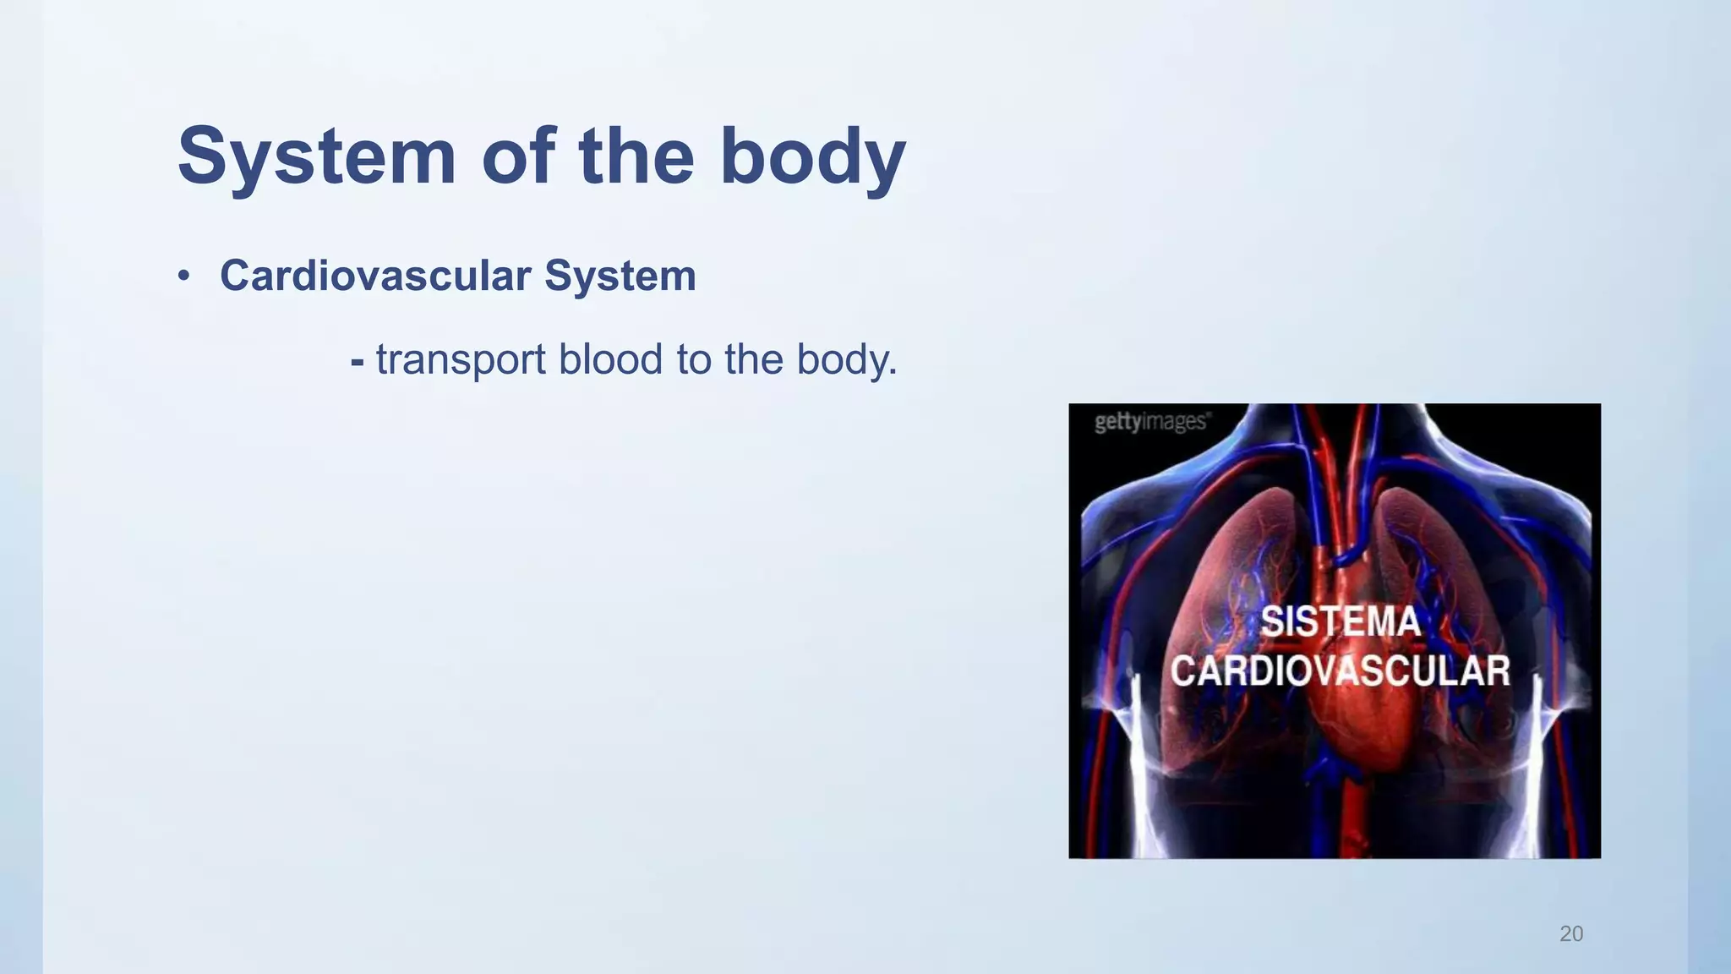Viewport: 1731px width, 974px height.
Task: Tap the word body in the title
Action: (x=812, y=156)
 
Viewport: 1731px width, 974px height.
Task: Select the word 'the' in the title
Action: (x=636, y=156)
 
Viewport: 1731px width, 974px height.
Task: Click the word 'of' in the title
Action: (x=517, y=156)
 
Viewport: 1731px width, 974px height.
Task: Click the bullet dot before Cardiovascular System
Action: (x=183, y=276)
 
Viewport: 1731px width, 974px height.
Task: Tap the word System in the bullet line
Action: (x=620, y=276)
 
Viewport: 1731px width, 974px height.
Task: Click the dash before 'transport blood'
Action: (x=358, y=362)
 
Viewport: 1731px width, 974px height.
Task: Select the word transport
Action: (x=461, y=360)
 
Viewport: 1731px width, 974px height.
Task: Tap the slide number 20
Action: (x=1571, y=933)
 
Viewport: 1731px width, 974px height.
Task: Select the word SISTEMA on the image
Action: (x=1340, y=622)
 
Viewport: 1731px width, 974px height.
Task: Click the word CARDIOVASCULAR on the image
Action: (x=1340, y=671)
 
